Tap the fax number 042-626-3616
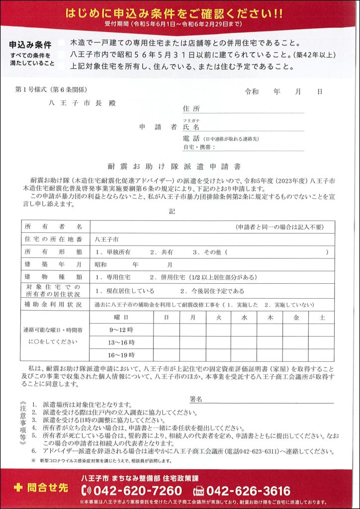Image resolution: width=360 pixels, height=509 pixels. [248, 491]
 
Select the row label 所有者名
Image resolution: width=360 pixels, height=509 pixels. [53, 227]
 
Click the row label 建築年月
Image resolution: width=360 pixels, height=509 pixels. [53, 264]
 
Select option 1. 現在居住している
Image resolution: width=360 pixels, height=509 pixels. [125, 290]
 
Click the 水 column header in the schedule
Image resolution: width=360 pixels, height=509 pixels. [244, 317]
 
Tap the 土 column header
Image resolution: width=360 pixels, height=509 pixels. [322, 317]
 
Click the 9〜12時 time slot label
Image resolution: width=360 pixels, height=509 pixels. [121, 330]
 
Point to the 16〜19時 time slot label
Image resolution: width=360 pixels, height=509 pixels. [121, 355]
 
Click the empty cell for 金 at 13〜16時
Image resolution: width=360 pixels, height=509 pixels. [296, 342]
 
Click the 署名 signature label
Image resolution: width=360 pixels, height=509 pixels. [196, 399]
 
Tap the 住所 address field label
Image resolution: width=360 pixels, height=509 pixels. [191, 108]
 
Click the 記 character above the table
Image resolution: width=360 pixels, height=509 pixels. [172, 211]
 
